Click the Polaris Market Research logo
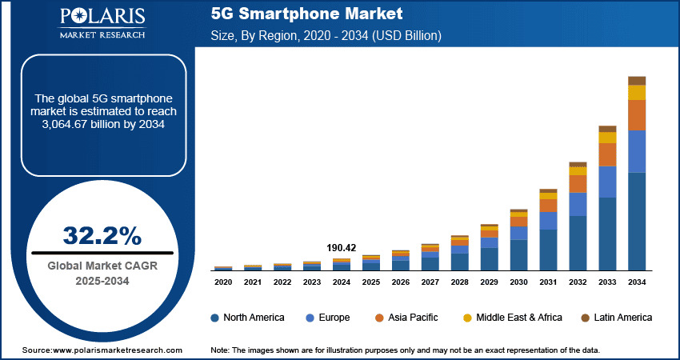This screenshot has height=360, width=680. coord(101,23)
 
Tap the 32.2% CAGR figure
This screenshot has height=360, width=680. coord(102,235)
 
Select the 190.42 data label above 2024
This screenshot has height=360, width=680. coord(341,248)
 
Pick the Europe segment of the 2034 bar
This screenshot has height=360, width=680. coord(637,151)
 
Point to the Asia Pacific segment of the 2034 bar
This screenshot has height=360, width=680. coord(637,115)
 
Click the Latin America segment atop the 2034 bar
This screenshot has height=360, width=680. coord(637,81)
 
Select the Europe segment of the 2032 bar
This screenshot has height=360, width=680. coord(578,204)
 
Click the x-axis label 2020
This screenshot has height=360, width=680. coord(223,282)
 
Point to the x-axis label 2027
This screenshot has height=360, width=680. coord(430,282)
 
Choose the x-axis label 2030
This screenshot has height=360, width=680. coord(518,282)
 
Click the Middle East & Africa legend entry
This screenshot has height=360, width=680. coord(512,318)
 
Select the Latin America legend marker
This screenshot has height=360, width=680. coord(586,318)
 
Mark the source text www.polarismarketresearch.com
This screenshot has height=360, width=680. coord(118,350)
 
